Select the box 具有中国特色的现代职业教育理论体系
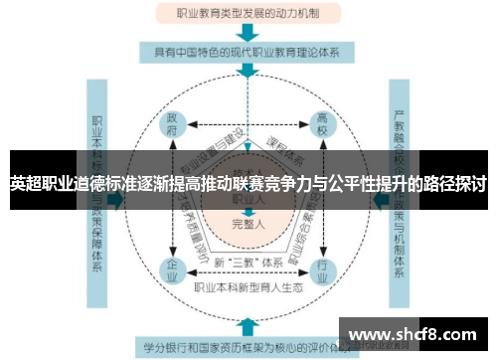pos(248,53)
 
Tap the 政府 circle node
pos(174,129)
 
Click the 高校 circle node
pos(320,129)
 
